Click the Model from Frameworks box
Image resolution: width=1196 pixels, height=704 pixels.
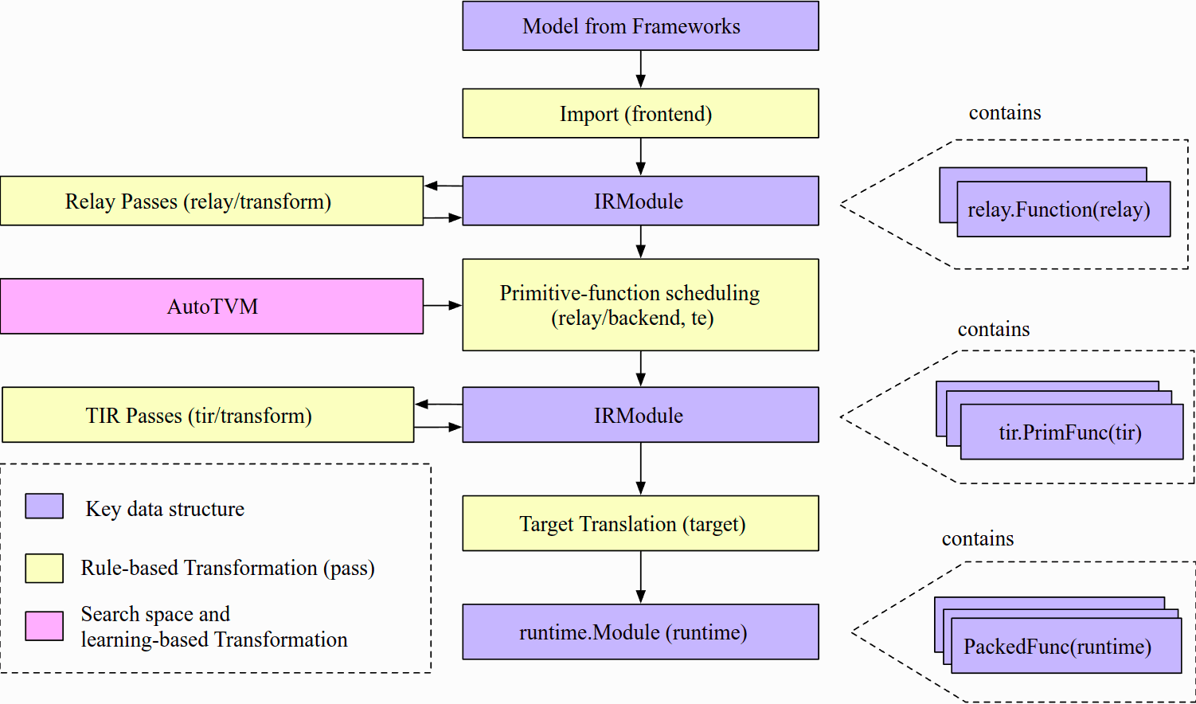click(640, 25)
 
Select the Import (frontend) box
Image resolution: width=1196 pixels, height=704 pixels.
click(640, 113)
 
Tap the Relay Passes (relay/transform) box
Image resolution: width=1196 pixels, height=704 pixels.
click(212, 201)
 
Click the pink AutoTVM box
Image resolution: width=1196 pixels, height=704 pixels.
click(212, 306)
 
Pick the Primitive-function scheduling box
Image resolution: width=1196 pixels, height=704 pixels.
click(640, 305)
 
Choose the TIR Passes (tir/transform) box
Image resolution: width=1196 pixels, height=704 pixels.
click(208, 414)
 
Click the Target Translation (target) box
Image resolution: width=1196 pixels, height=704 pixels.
click(640, 523)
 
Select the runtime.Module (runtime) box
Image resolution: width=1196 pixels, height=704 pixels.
click(640, 632)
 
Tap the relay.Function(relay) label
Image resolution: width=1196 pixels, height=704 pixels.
click(1059, 209)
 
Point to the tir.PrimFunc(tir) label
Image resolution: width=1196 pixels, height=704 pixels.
click(1070, 432)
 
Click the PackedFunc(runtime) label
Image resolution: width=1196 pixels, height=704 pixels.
click(1057, 647)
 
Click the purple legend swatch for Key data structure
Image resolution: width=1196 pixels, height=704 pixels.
click(45, 506)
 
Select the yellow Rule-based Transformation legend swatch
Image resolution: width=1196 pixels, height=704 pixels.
click(45, 568)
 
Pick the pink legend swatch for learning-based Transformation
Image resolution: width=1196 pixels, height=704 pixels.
click(45, 626)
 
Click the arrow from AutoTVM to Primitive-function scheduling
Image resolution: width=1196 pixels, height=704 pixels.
click(443, 306)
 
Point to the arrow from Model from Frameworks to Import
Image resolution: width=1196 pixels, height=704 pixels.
click(641, 69)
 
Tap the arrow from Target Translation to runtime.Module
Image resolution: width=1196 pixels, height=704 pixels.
click(641, 577)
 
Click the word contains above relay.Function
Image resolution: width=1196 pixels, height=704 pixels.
click(1005, 113)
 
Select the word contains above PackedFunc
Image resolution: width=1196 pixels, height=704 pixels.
click(978, 538)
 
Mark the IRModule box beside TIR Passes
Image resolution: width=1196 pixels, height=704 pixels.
click(640, 414)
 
